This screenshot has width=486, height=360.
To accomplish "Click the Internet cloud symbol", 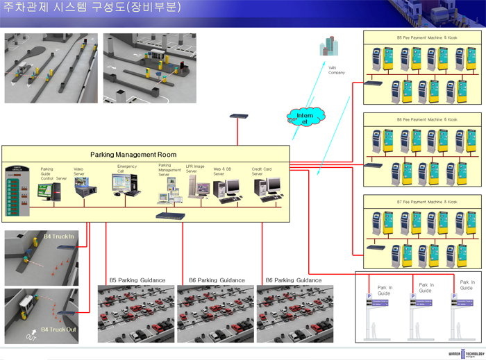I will [303, 117].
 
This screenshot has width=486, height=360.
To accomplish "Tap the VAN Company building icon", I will [328, 46].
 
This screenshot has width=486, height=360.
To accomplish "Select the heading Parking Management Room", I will [133, 155].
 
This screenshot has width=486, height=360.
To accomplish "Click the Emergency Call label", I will [126, 169].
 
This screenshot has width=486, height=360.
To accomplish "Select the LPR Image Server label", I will [196, 169].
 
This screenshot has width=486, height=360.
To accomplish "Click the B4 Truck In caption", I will [59, 237].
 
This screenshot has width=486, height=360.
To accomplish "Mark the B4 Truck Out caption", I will [58, 329].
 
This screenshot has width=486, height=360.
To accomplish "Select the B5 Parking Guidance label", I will [137, 280].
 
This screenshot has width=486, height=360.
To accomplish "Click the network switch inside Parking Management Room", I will [169, 215].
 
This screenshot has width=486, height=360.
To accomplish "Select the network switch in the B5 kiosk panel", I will [374, 83].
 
